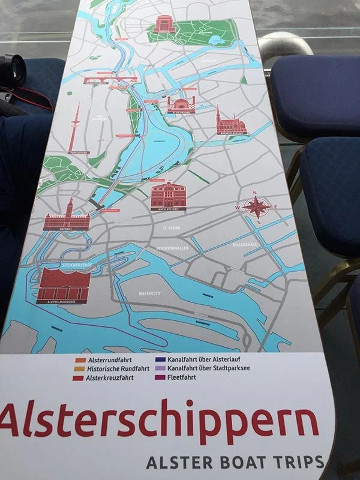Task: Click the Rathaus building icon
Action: pyautogui.click(x=66, y=216)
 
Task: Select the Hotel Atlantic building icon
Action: pyautogui.click(x=169, y=196)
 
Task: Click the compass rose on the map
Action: pyautogui.click(x=256, y=207)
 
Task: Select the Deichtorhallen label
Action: pyautogui.click(x=173, y=247)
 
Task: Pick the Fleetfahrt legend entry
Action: pyautogui.click(x=188, y=378)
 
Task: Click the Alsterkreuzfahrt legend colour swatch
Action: pyautogui.click(x=79, y=379)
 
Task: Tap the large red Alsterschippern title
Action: pyautogui.click(x=159, y=419)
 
